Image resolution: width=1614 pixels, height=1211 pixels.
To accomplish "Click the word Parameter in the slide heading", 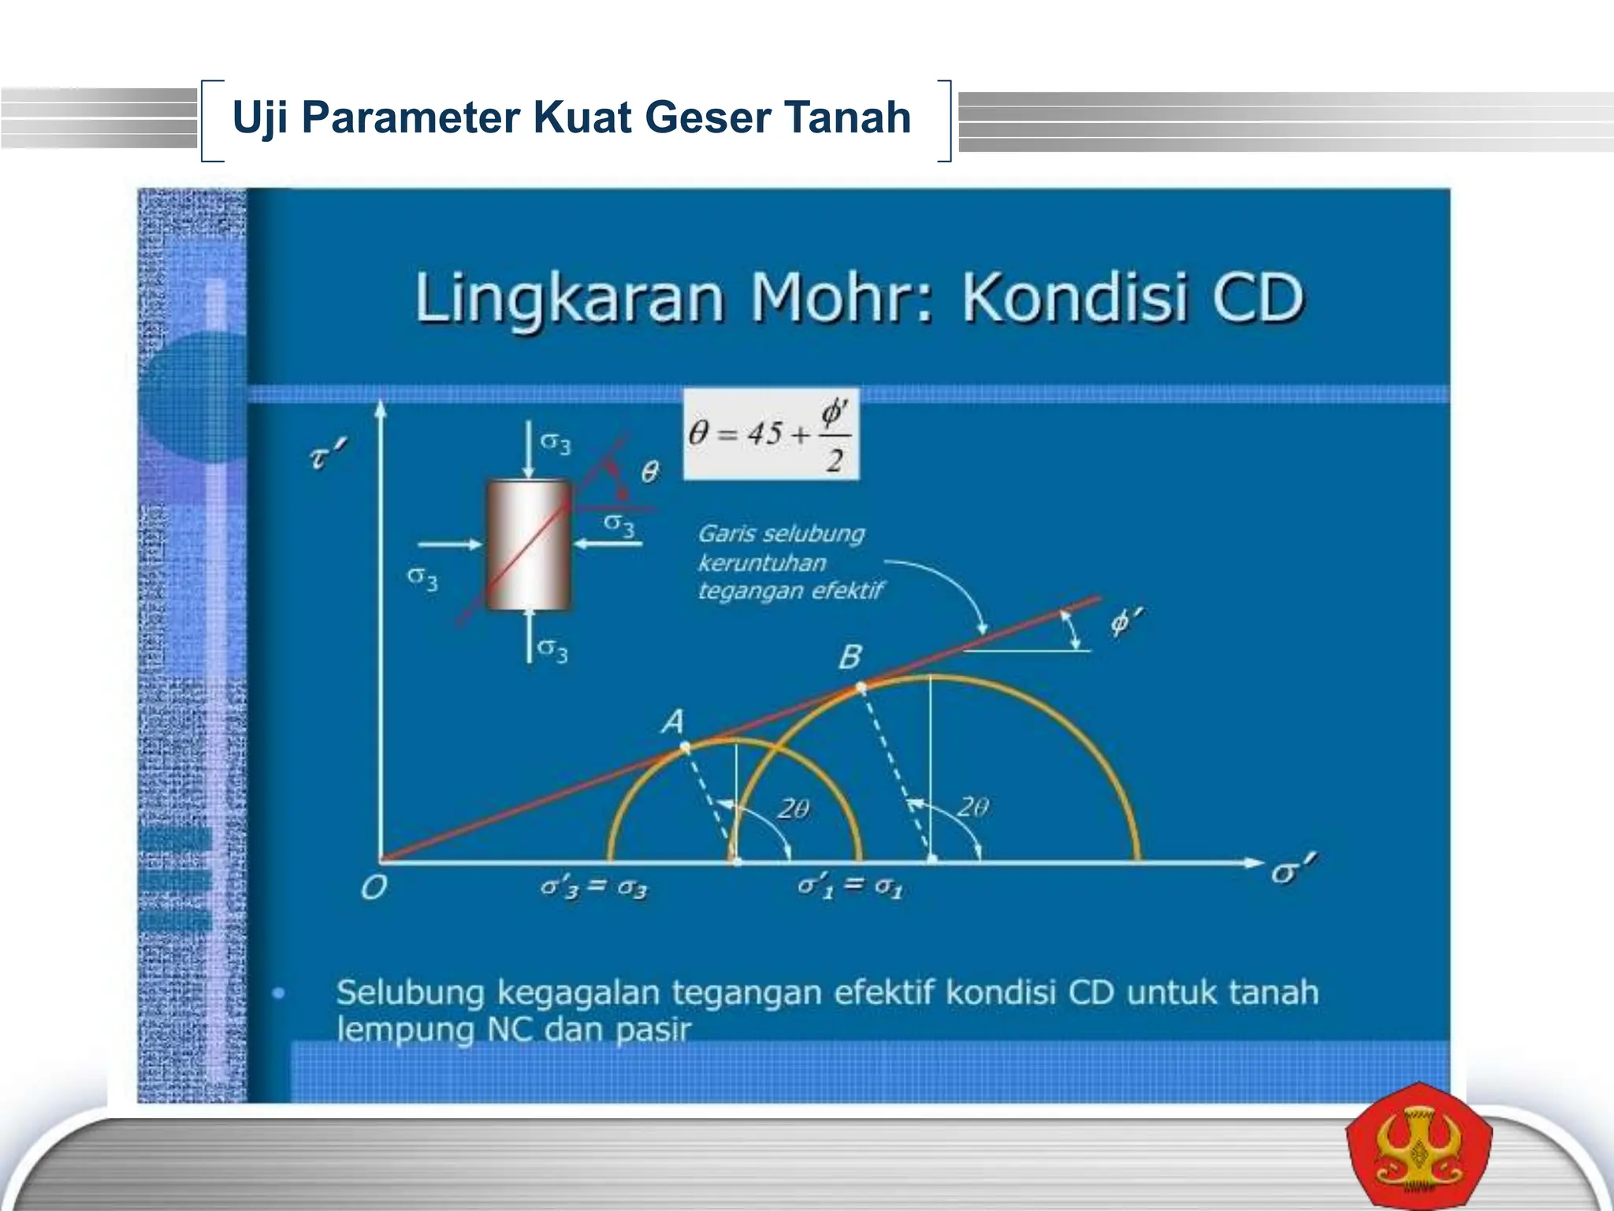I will [410, 117].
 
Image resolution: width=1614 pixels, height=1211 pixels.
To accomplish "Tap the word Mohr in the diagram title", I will [840, 298].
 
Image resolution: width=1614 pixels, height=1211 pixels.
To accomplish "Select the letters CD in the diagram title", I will [1258, 298].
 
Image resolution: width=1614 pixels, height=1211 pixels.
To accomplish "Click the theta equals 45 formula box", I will [770, 434].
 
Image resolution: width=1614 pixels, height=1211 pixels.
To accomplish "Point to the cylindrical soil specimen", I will [528, 546].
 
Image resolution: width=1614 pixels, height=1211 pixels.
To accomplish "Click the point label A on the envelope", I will [673, 721].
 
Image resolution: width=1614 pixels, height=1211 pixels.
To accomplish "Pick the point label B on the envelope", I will [850, 657].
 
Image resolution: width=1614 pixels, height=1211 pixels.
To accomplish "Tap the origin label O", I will [374, 889].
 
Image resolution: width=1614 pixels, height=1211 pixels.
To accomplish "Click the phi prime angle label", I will [1125, 622].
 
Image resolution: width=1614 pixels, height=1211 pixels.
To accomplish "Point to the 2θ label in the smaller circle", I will [794, 809].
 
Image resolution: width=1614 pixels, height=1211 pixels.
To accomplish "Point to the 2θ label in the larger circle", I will [973, 807].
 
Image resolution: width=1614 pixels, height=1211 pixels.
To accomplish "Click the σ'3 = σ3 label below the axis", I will [594, 889].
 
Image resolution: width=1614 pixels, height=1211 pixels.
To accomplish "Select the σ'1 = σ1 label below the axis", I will [850, 887].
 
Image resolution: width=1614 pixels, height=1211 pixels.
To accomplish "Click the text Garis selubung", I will [781, 534].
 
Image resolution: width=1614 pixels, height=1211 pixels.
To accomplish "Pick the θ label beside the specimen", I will [649, 472].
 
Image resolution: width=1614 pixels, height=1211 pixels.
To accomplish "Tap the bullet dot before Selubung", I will [279, 993].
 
